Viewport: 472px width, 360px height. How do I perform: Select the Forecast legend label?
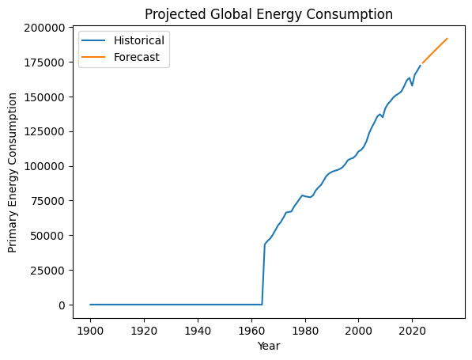(x=135, y=58)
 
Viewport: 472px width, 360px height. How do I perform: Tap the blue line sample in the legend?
(x=98, y=41)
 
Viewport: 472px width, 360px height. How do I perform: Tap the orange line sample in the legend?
(x=98, y=58)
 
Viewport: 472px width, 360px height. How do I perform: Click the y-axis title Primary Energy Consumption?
(x=13, y=172)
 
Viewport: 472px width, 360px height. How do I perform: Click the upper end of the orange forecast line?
(x=447, y=38)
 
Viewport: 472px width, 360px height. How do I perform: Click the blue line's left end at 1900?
(x=90, y=304)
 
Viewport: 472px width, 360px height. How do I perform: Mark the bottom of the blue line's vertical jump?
(x=262, y=304)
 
